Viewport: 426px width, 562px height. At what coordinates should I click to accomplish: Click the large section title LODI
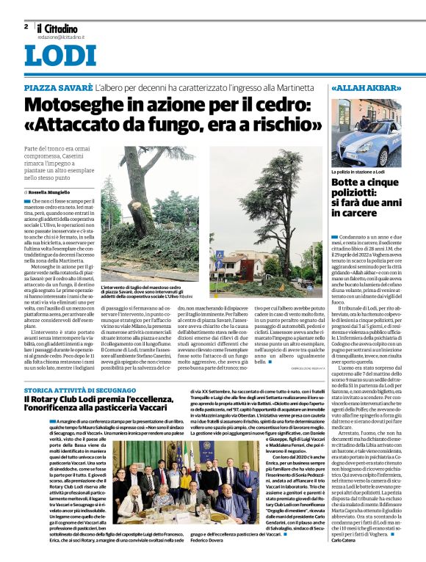point(59,55)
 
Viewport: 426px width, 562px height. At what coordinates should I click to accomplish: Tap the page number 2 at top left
point(26,26)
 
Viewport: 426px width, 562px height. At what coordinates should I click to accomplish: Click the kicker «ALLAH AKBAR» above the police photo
point(365,88)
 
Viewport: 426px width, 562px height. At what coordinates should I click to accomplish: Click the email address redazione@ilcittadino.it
point(61,35)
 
